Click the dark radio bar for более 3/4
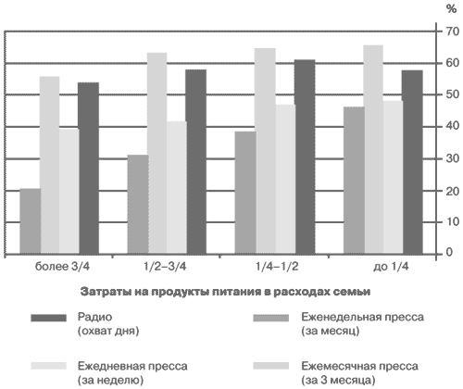tap(89, 169)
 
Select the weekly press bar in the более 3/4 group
tap(31, 221)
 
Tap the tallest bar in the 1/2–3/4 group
tap(157, 154)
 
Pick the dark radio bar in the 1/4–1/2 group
tap(305, 157)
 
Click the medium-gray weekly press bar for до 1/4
tap(354, 181)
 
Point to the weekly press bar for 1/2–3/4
tap(138, 205)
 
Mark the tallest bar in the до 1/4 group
tap(373, 150)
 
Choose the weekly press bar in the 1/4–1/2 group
tap(245, 193)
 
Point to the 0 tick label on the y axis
tap(449, 252)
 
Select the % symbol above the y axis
tap(451, 9)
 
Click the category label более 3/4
tap(62, 266)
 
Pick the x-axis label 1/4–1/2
tap(277, 266)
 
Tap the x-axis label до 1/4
tap(391, 266)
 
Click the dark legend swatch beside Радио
tap(49, 318)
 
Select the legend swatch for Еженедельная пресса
tap(271, 318)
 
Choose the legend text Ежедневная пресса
tap(132, 366)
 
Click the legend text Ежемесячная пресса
tap(359, 366)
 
